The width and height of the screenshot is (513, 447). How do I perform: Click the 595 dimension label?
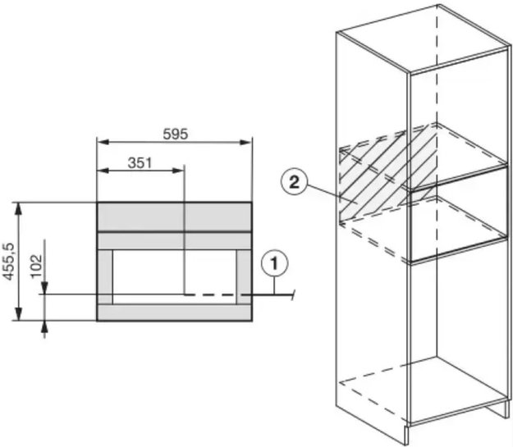tap(176, 134)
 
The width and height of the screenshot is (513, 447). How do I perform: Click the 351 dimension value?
tap(140, 163)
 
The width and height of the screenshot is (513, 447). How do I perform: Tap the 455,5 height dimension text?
tap(9, 262)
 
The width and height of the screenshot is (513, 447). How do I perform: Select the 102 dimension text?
tap(37, 266)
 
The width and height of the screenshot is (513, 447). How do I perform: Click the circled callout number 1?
tap(274, 263)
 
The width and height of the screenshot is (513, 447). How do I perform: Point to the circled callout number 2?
tap(294, 182)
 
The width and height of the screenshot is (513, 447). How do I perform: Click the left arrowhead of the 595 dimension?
tap(103, 142)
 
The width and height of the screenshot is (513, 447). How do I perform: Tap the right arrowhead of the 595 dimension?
tap(245, 142)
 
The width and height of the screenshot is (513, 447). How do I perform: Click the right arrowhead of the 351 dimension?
tap(178, 171)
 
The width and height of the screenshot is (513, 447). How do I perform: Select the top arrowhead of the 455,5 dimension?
tap(19, 208)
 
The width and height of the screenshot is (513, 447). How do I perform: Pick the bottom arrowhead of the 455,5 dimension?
tap(19, 314)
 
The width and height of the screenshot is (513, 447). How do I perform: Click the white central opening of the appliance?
tap(175, 277)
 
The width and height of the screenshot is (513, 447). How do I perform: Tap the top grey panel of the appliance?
tap(174, 217)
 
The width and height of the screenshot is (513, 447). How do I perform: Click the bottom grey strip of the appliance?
tap(174, 312)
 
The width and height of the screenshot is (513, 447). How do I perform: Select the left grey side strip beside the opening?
tap(105, 277)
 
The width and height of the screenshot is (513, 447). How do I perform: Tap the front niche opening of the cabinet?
tap(458, 213)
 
